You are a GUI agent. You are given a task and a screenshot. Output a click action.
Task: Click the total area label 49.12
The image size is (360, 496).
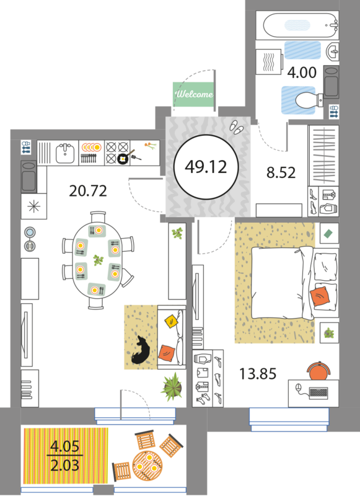pyautogui.click(x=206, y=167)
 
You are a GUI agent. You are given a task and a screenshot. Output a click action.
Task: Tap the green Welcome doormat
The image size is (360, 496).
pyautogui.click(x=193, y=94)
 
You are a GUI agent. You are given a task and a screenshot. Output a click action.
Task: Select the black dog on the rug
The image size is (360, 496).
pyautogui.click(x=141, y=350)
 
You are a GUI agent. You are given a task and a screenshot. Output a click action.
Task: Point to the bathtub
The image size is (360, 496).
pyautogui.click(x=301, y=25)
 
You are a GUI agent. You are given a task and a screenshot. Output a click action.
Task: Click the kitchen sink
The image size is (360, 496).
pyautogui.click(x=65, y=153)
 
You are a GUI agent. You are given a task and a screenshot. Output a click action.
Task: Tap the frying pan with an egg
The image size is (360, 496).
pyautogui.click(x=124, y=157)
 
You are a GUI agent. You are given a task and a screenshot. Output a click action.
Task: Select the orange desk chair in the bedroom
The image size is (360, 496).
pyautogui.click(x=319, y=371)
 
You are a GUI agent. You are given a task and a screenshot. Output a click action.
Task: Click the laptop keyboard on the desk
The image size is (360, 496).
pyautogui.click(x=319, y=393)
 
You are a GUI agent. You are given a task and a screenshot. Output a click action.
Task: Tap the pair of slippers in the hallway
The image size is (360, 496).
pyautogui.click(x=237, y=127)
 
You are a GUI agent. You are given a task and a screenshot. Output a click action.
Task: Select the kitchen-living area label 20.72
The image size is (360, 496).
pyautogui.click(x=88, y=191)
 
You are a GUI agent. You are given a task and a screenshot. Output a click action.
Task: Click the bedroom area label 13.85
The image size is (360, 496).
pyautogui.click(x=258, y=374)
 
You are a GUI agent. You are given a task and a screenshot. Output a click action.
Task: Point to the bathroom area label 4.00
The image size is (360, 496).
pyautogui.click(x=302, y=73)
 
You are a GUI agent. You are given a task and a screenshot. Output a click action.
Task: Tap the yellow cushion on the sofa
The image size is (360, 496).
pyautogui.click(x=172, y=321)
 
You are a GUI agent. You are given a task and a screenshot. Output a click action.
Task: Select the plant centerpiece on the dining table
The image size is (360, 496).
pyautogui.click(x=99, y=260)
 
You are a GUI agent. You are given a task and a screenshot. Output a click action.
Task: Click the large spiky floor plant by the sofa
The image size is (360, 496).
pyautogui.click(x=172, y=387)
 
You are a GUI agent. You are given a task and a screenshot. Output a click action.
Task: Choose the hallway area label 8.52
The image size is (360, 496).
pyautogui.click(x=281, y=173)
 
